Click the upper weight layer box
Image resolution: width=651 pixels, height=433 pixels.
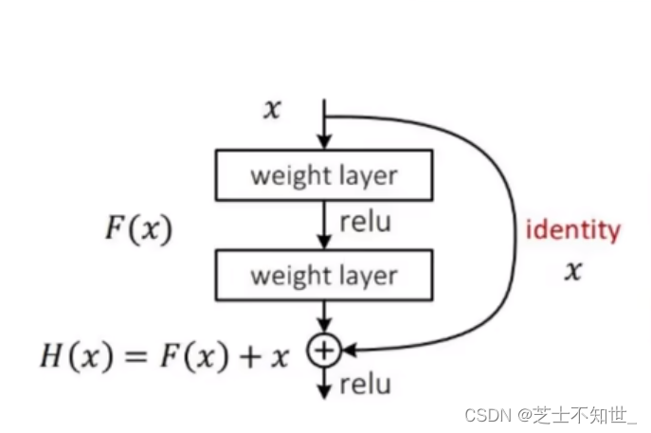coord(324,175)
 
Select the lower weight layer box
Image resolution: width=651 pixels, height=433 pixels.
coord(324,276)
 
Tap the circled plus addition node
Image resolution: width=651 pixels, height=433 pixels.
coord(324,352)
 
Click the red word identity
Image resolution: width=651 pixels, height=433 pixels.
coord(573,230)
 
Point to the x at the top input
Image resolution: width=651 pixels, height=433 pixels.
coord(273,110)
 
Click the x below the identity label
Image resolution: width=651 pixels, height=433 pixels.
coord(572,273)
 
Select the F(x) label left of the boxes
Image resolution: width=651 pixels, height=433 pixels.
coord(138,230)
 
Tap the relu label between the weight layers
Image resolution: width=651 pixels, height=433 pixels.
coord(365,224)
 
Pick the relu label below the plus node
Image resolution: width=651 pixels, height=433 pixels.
coord(365,384)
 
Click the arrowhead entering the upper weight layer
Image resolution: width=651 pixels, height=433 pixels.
coord(324,143)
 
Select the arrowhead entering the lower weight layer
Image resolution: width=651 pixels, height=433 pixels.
coord(324,244)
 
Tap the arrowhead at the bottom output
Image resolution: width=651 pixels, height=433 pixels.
coord(324,390)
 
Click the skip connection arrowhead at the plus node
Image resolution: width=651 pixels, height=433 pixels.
coord(347,352)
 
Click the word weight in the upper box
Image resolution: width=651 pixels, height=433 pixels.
coord(285,176)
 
